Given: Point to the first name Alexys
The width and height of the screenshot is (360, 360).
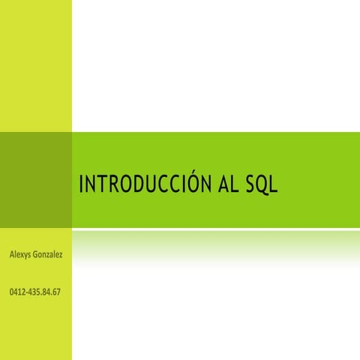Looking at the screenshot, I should pyautogui.click(x=19, y=255).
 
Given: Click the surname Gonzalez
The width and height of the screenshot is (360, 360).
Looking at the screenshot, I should pyautogui.click(x=47, y=255).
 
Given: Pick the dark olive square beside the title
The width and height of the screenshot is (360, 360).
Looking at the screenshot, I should pyautogui.click(x=35, y=179).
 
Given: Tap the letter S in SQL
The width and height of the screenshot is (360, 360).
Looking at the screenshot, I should pyautogui.click(x=250, y=184).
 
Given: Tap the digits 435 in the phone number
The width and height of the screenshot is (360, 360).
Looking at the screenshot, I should pyautogui.click(x=33, y=291).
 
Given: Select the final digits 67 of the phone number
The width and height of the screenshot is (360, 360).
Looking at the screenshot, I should pyautogui.click(x=56, y=291).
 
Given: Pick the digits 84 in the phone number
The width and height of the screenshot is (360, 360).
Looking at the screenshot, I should pyautogui.click(x=46, y=291).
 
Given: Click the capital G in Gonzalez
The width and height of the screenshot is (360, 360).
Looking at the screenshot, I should pyautogui.click(x=34, y=255).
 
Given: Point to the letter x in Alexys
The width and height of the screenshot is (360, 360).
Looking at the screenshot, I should pyautogui.click(x=21, y=255).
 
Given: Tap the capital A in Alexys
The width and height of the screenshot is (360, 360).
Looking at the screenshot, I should pyautogui.click(x=10, y=255).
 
